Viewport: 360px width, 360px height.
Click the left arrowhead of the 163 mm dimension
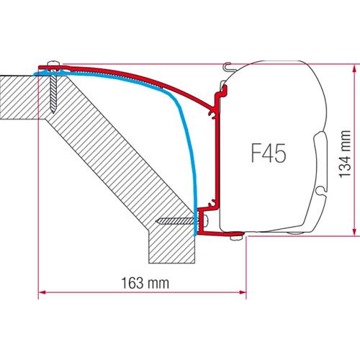coord(42,292)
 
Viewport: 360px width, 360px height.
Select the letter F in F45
coord(253,153)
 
